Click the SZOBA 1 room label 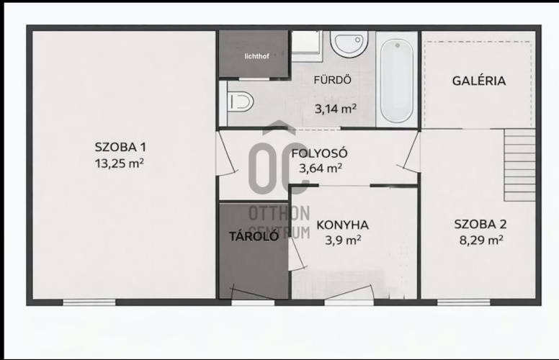(x=120, y=147)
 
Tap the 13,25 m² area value (x=120, y=163)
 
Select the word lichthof (x=256, y=56)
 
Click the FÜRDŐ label (x=333, y=79)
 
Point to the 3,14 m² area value (x=336, y=109)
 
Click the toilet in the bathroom (x=241, y=102)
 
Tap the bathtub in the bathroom (x=397, y=79)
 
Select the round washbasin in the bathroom (x=349, y=44)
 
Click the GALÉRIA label (x=479, y=81)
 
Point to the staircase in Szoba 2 (x=520, y=165)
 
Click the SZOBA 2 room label (x=480, y=224)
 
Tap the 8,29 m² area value (x=481, y=240)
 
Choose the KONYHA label (x=343, y=225)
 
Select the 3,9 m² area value (x=343, y=240)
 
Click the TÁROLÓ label (x=254, y=236)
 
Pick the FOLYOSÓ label (x=319, y=153)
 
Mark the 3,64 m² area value (x=321, y=168)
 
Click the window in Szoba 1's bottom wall (x=89, y=302)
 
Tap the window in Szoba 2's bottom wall (x=463, y=302)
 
